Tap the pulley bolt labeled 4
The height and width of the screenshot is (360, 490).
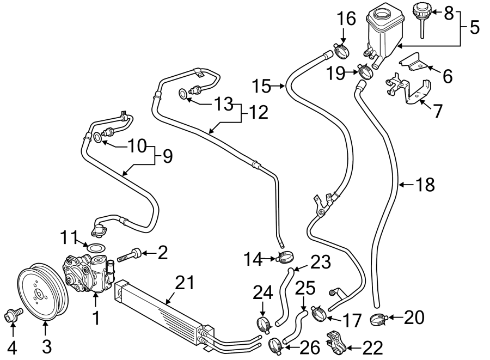[x=13, y=314]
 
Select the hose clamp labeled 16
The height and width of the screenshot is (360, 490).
[x=342, y=51]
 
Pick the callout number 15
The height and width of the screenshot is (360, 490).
[x=261, y=86]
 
